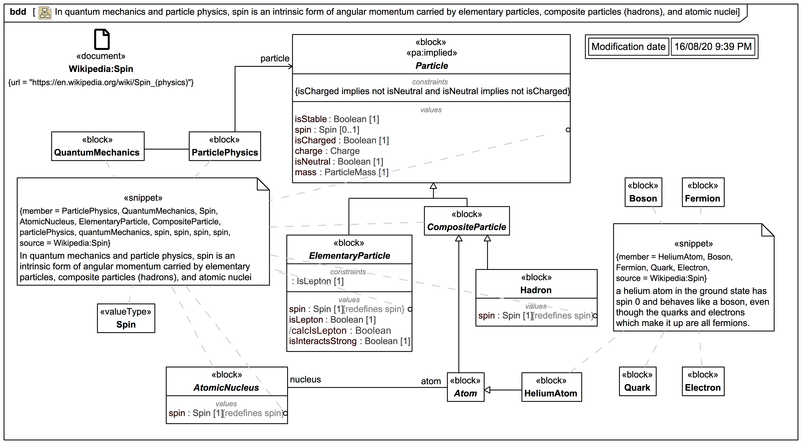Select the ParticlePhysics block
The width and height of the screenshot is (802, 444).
coord(225,146)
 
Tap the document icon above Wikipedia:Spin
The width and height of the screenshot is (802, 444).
coord(102,40)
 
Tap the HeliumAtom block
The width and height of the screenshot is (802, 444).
coord(551,387)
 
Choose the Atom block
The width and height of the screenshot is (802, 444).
coord(465,387)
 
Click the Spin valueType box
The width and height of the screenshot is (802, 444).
coord(126,318)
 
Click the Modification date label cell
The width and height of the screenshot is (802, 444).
coord(628,47)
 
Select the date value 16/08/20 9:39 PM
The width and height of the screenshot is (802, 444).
coord(713,47)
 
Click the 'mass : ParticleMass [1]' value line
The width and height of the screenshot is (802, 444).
coord(342,172)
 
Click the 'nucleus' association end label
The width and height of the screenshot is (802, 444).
coord(305,380)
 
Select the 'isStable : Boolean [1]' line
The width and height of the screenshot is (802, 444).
coord(337,119)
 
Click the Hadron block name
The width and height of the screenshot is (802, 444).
coord(536,290)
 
